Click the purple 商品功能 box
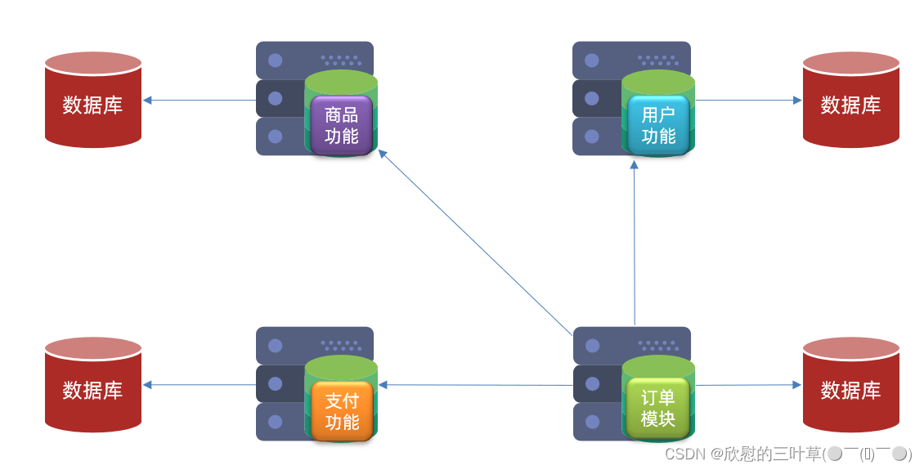point(341,125)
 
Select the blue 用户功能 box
point(658,125)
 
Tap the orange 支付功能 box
point(341,411)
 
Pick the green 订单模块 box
point(658,408)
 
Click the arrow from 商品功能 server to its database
point(200,101)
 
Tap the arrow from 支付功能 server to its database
point(200,385)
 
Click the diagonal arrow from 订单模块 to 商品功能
point(474,242)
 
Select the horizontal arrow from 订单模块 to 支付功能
point(474,385)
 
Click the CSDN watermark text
point(787,454)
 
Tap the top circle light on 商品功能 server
point(276,60)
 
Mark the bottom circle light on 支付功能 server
point(276,422)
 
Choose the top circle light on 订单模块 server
point(592,346)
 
